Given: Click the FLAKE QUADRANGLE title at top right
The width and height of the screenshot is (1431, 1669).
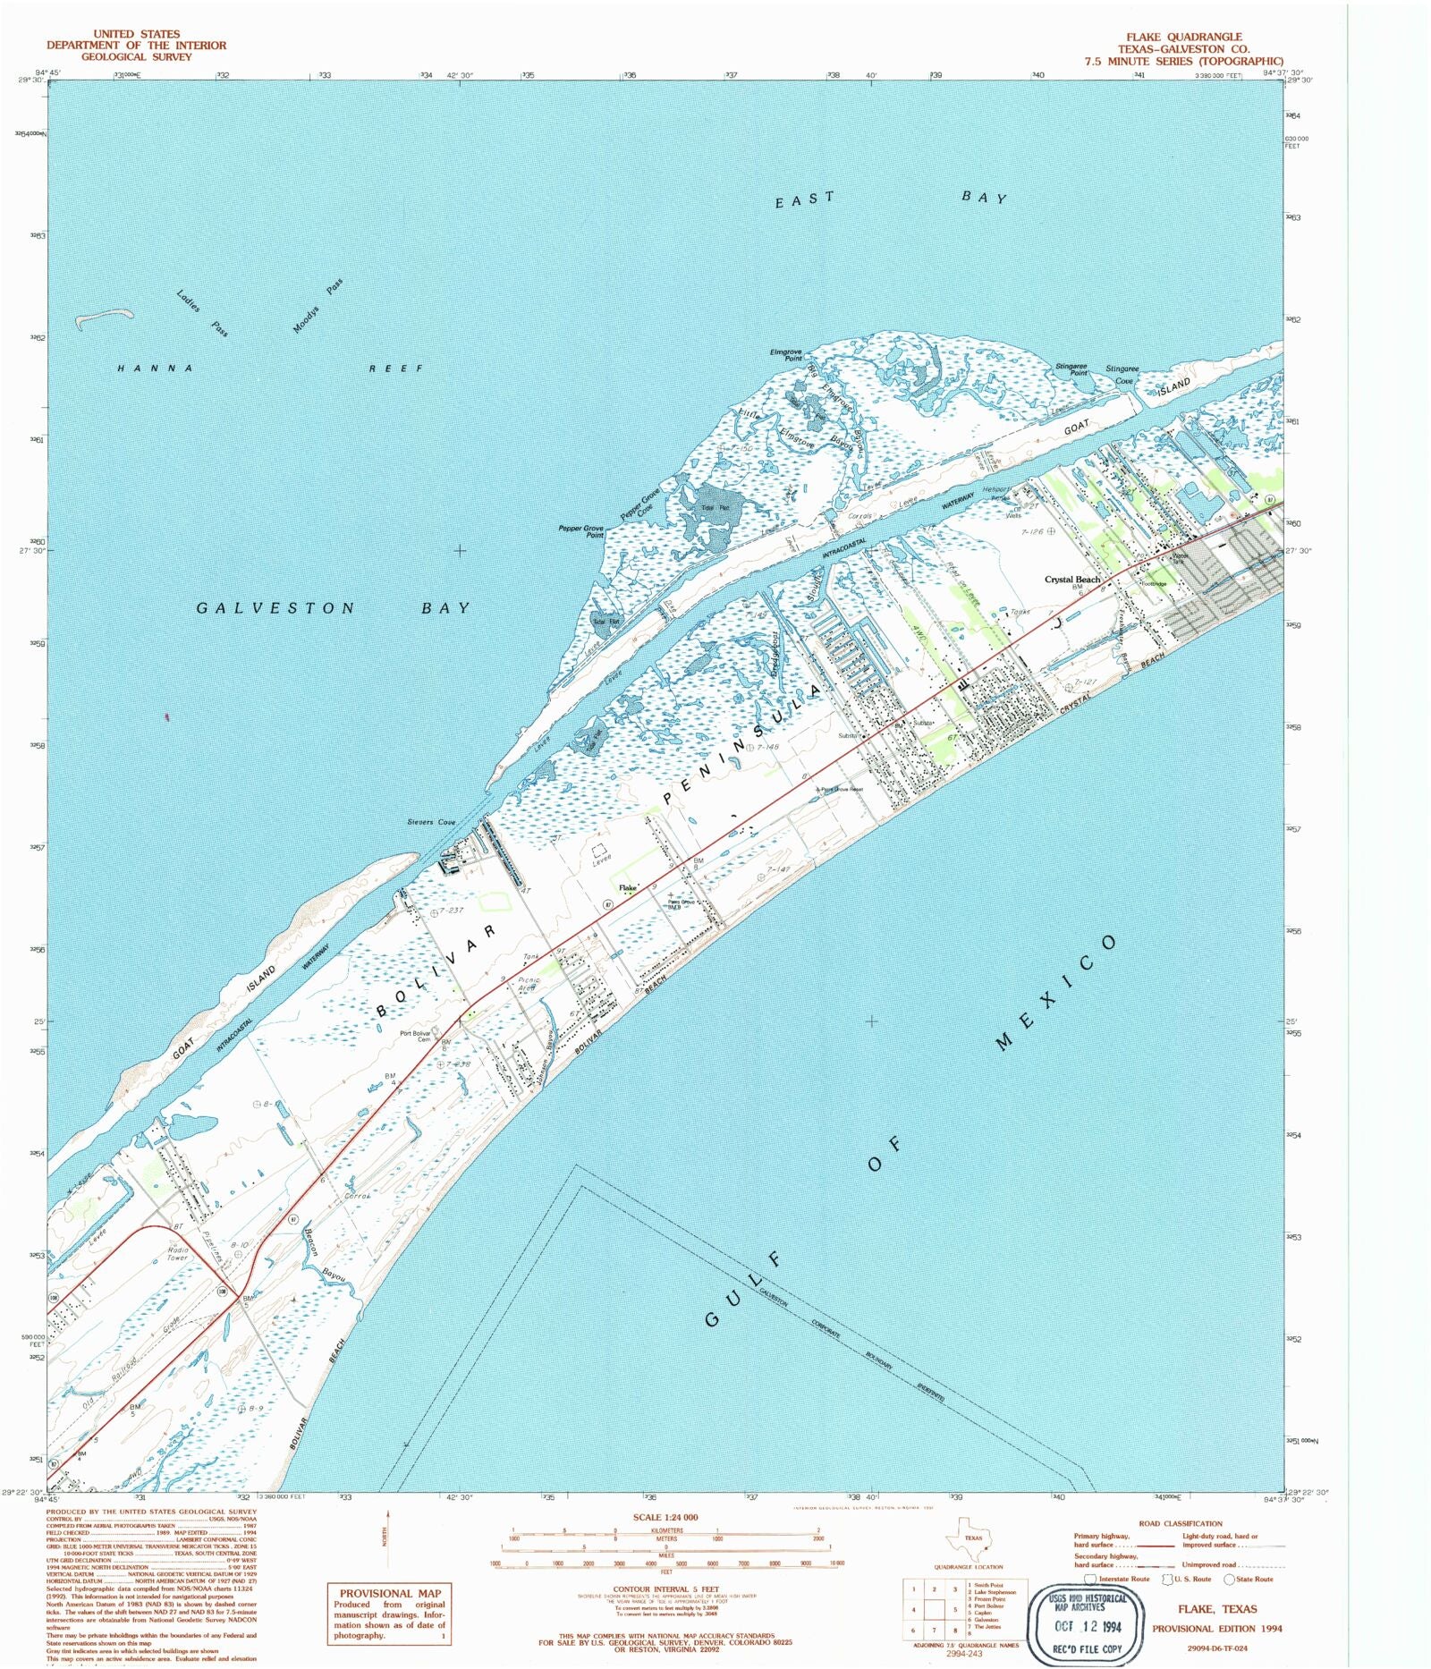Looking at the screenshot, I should click(x=1183, y=37).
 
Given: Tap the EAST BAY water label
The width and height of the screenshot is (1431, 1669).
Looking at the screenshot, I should click(x=891, y=199).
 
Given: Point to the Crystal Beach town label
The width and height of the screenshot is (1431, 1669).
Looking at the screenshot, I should click(x=1072, y=580).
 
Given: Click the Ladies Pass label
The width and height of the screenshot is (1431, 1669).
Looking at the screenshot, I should click(x=202, y=313).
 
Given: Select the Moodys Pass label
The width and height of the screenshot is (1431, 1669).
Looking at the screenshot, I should click(x=318, y=307).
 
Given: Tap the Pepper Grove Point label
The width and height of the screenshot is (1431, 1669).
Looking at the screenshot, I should click(x=581, y=531).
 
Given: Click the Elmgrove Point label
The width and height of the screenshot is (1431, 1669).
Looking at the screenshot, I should click(x=786, y=354).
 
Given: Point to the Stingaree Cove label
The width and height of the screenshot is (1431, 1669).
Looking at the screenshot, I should click(x=1122, y=374).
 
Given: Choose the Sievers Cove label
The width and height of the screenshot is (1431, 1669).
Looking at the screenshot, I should click(x=431, y=822).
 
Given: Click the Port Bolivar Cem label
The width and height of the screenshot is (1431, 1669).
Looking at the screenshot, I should click(x=415, y=1036).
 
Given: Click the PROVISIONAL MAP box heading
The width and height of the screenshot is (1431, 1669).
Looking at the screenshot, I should click(x=389, y=1593).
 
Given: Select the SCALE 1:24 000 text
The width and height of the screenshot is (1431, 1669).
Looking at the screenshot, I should click(x=665, y=1517).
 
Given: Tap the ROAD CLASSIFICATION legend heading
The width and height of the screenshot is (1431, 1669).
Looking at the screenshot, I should click(x=1180, y=1523).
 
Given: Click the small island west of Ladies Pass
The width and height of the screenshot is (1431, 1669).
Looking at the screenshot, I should click(x=105, y=318).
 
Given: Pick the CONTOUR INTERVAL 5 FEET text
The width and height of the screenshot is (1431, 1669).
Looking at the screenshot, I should click(x=666, y=1589).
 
